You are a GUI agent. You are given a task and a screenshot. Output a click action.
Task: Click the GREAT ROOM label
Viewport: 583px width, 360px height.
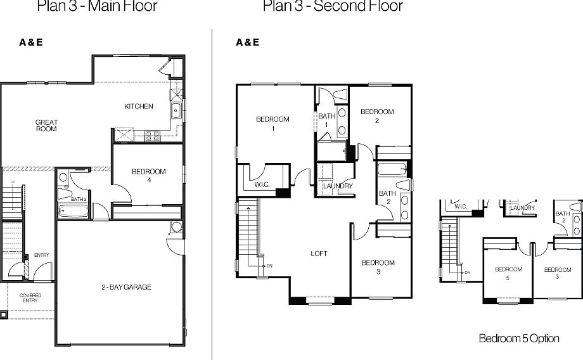pyautogui.click(x=46, y=125)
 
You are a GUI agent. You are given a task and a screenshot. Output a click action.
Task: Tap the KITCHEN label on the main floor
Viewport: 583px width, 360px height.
pyautogui.click(x=138, y=106)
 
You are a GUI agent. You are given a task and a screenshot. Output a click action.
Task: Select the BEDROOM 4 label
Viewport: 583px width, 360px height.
pyautogui.click(x=148, y=176)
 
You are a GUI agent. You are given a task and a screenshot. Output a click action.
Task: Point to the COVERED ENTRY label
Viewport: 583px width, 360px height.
pyautogui.click(x=30, y=298)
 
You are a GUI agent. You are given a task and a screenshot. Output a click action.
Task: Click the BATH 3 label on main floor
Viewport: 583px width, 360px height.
pyautogui.click(x=79, y=199)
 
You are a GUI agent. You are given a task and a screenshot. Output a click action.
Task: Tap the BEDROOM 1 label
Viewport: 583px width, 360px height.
pyautogui.click(x=272, y=123)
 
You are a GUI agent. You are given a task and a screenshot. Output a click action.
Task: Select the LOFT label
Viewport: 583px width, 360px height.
pyautogui.click(x=319, y=254)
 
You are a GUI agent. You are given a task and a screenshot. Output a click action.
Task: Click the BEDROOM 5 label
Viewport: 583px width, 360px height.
pyautogui.click(x=508, y=273)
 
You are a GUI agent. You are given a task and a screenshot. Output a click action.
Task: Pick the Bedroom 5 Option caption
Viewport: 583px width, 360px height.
pyautogui.click(x=518, y=338)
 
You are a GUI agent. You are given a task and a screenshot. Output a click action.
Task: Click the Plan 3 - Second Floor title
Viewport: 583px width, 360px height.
pyautogui.click(x=333, y=7)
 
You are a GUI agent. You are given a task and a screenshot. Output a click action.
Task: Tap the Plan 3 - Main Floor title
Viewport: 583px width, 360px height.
pyautogui.click(x=97, y=7)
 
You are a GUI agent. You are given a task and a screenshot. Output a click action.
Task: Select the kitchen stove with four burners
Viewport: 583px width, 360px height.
pyautogui.click(x=152, y=135)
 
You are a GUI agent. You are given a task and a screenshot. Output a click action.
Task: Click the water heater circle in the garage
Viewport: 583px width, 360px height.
pyautogui.click(x=175, y=228)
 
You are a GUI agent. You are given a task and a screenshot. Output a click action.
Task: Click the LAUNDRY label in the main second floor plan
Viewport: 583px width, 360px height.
pyautogui.click(x=337, y=186)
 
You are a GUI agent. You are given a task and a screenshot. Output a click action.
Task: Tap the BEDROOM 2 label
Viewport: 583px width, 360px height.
pyautogui.click(x=377, y=115)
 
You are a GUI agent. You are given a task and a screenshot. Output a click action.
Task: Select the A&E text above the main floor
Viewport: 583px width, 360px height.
pyautogui.click(x=31, y=43)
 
